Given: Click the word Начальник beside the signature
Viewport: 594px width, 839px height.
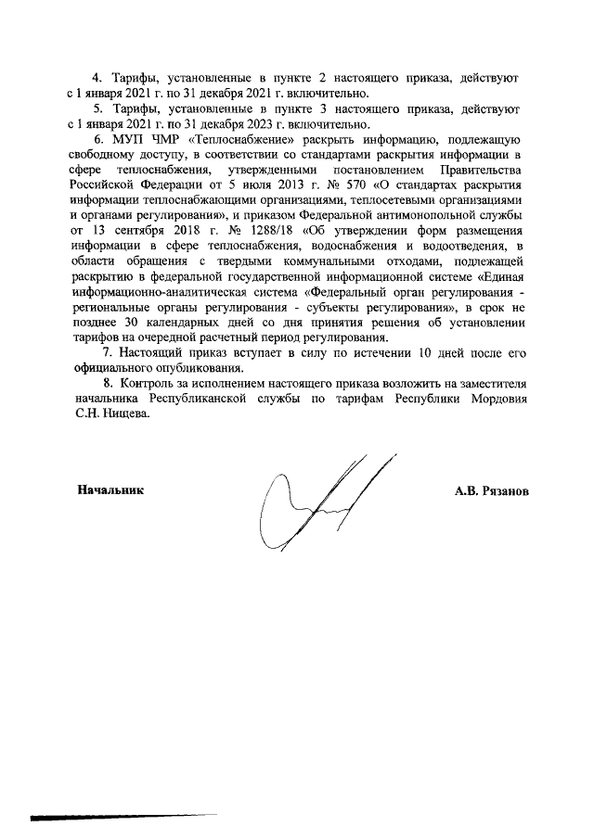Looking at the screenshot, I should (x=110, y=489).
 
